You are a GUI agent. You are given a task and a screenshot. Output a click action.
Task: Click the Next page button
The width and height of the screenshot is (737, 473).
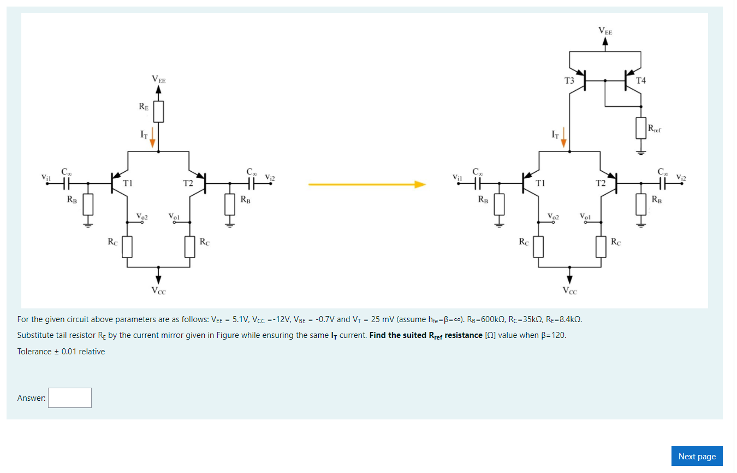697,456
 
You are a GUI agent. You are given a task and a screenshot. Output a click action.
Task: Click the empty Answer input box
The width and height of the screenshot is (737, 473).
69,398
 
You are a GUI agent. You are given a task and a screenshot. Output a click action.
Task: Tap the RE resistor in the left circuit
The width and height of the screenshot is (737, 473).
158,112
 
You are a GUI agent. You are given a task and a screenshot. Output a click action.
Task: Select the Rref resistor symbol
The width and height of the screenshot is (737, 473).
641,127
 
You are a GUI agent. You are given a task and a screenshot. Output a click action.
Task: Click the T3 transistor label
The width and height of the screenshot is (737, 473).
569,80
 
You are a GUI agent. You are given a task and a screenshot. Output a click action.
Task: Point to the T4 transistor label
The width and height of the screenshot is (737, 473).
641,80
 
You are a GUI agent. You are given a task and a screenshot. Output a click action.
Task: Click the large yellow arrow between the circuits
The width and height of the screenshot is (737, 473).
366,184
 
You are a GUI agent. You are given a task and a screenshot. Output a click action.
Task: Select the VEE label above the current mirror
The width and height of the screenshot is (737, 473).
605,32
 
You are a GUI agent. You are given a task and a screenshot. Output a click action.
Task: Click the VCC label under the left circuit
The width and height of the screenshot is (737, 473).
159,290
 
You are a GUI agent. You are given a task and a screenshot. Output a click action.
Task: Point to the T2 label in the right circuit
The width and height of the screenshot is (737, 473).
601,183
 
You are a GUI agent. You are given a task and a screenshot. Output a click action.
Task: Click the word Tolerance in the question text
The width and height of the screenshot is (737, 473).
34,352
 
